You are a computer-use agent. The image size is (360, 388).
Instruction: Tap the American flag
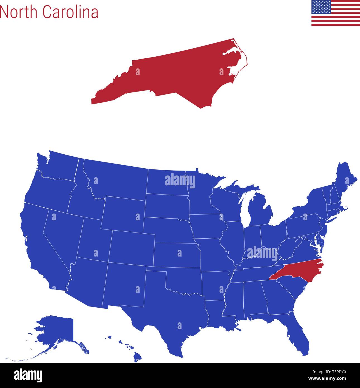point(335,13)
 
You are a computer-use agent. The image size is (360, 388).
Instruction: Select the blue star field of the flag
point(321,7)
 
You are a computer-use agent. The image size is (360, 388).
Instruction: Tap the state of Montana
point(117,179)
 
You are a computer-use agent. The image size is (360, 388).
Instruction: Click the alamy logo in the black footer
point(28,375)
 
